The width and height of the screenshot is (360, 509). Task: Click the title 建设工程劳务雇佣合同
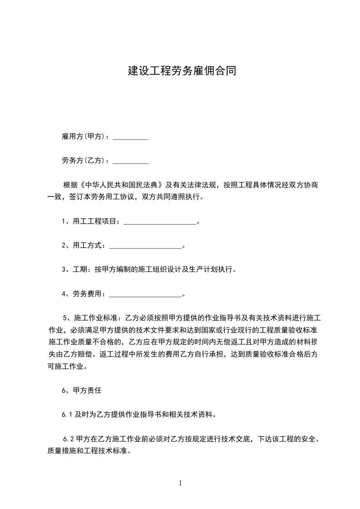[182, 71]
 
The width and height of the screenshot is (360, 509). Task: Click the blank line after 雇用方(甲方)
[130, 137]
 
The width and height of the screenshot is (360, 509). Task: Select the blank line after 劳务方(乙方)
[130, 161]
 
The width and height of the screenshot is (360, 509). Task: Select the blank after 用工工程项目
[159, 222]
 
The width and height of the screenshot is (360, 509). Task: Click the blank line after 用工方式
[145, 246]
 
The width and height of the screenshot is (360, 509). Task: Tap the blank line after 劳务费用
[145, 294]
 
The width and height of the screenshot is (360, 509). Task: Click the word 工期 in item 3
[80, 270]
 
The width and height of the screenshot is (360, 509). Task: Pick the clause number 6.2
[69, 439]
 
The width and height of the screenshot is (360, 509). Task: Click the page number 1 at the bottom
[180, 484]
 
